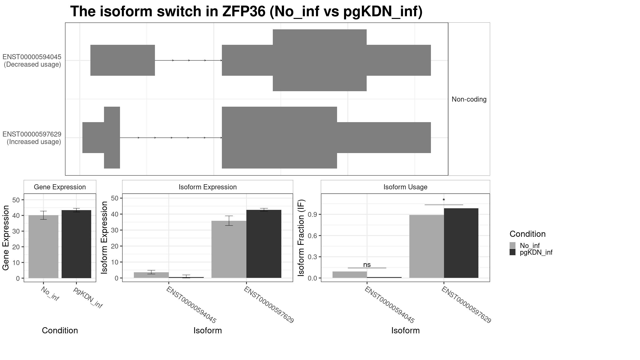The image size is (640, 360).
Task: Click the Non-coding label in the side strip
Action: click(469, 99)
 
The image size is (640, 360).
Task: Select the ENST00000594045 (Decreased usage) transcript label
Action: click(32, 61)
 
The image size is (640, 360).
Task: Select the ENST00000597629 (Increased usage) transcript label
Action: click(32, 138)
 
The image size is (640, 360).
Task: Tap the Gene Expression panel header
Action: click(60, 187)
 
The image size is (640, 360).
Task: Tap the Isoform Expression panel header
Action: click(207, 187)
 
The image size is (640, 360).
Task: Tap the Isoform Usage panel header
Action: click(405, 187)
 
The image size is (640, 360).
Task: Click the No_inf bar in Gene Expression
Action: click(43, 247)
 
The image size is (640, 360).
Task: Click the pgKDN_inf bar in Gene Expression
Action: click(76, 244)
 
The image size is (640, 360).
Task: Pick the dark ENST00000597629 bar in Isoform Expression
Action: click(264, 244)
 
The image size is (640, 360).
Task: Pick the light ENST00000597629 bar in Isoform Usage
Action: click(426, 246)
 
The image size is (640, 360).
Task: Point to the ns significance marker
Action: click(367, 265)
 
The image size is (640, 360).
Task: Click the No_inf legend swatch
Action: click(513, 245)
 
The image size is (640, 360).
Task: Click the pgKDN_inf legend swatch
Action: click(513, 252)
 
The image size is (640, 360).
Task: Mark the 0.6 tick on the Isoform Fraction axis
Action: click(313, 236)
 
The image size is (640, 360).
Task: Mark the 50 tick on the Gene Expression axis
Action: click(16, 200)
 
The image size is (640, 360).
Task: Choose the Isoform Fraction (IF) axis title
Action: click(301, 238)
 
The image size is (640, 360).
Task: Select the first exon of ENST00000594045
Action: click(122, 60)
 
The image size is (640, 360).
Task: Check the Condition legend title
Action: click(527, 234)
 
